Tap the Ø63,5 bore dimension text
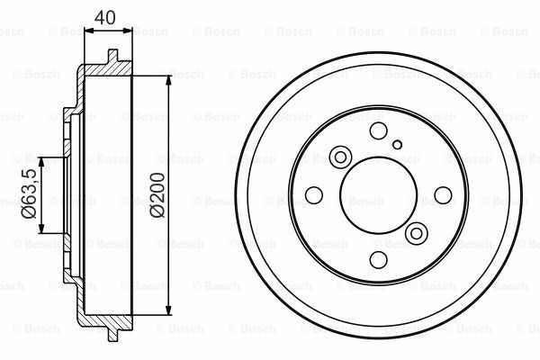[29, 195]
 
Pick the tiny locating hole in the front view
[397, 142]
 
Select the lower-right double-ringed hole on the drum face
[416, 234]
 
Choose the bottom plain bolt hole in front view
[378, 259]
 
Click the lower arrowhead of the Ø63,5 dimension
[42, 230]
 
